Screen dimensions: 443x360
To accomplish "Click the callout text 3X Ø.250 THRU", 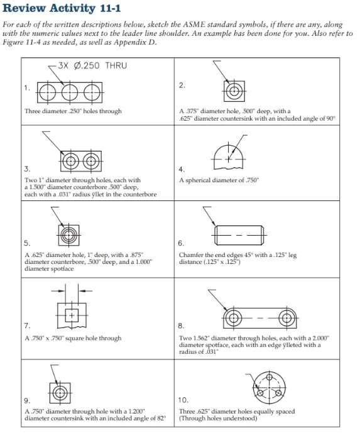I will [92, 65].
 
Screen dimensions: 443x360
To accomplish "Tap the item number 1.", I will [26, 88].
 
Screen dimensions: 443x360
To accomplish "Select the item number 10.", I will [183, 399].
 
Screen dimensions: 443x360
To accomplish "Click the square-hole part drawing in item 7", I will [71, 312].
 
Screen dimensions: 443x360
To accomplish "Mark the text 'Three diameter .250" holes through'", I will [73, 111].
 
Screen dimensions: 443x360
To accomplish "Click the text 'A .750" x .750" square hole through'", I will [73, 338].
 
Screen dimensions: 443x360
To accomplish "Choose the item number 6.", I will [182, 243].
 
